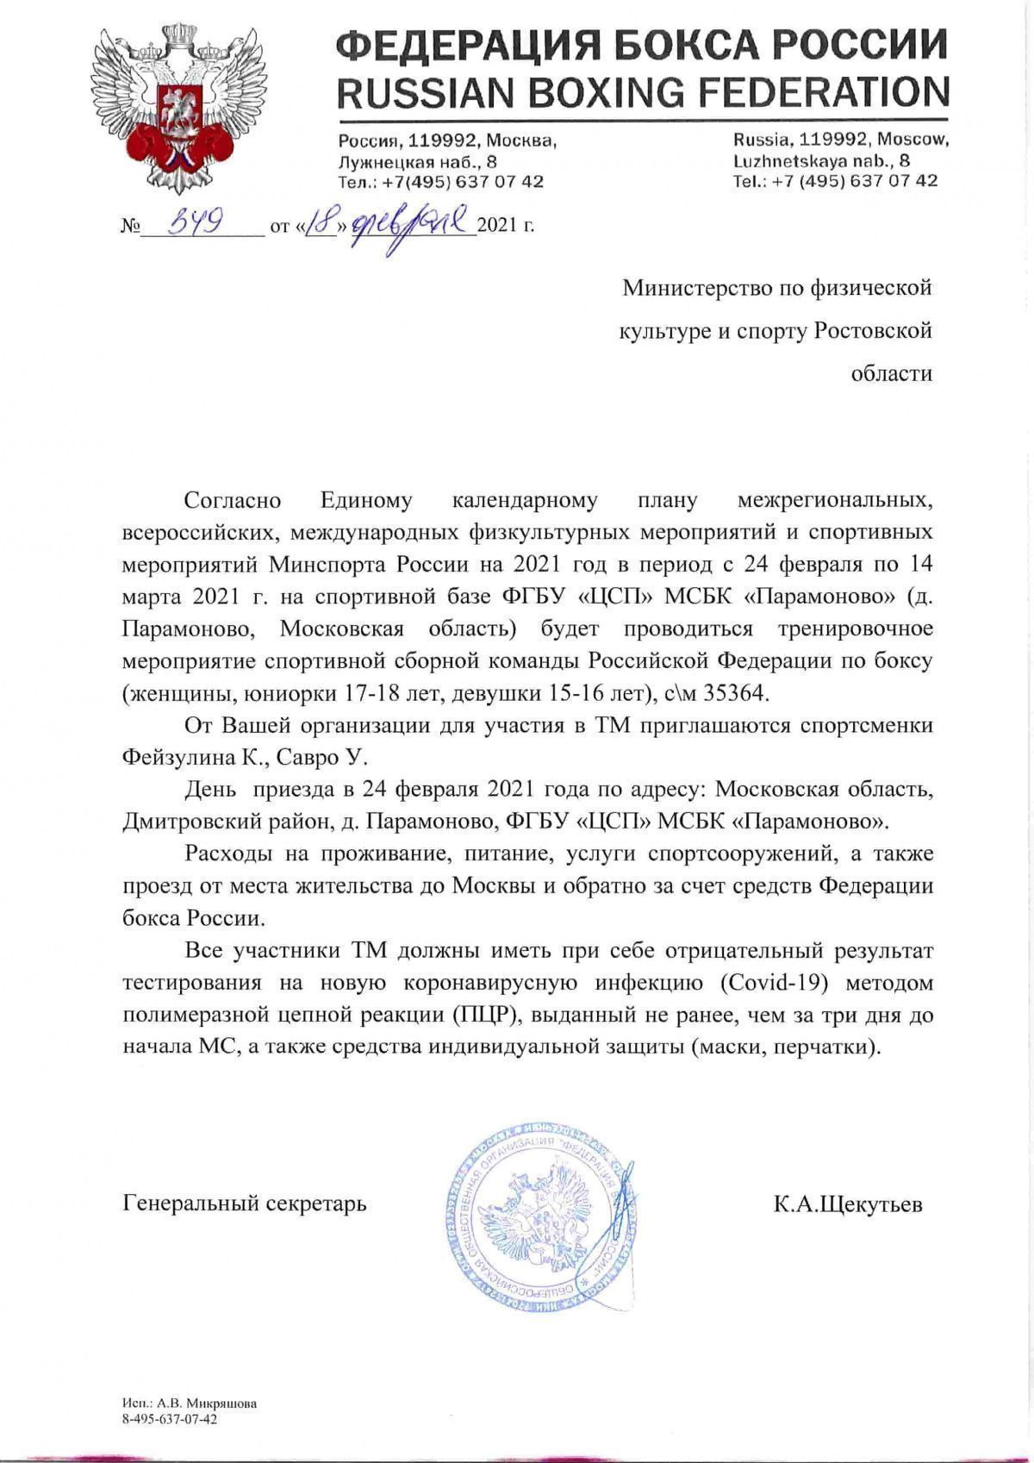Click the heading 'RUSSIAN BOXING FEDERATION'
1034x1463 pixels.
click(x=642, y=91)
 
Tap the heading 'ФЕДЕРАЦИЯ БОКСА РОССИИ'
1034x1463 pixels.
click(x=642, y=43)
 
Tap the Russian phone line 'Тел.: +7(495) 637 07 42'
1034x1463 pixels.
click(x=440, y=182)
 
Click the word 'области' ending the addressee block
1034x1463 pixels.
click(x=891, y=374)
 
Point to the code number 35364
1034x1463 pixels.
click(x=740, y=692)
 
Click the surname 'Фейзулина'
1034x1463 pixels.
click(x=177, y=757)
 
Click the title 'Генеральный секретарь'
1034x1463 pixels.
click(x=245, y=1203)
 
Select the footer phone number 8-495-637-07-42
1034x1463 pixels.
click(x=170, y=1418)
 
